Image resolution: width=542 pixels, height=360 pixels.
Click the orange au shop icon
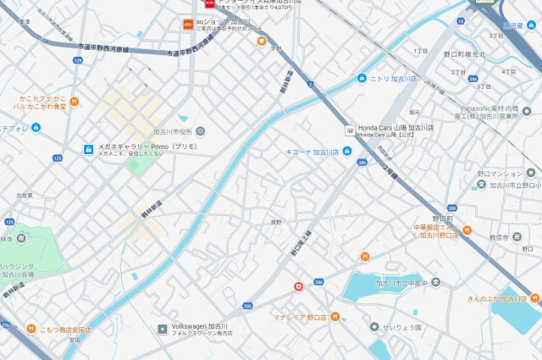pos(188,25)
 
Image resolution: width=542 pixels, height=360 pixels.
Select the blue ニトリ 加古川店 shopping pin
pos(362,79)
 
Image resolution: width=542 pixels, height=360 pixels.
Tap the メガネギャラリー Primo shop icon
pos(87,150)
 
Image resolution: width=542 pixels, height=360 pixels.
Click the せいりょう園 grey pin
pos(373,327)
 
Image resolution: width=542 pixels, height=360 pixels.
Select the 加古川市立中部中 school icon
pos(435,282)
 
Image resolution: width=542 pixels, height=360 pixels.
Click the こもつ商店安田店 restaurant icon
pos(30,328)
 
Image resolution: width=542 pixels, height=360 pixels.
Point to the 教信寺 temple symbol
pos(517,236)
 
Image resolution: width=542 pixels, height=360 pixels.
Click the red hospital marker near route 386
pos(297,286)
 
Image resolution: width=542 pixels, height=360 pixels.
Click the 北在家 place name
pos(24,196)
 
